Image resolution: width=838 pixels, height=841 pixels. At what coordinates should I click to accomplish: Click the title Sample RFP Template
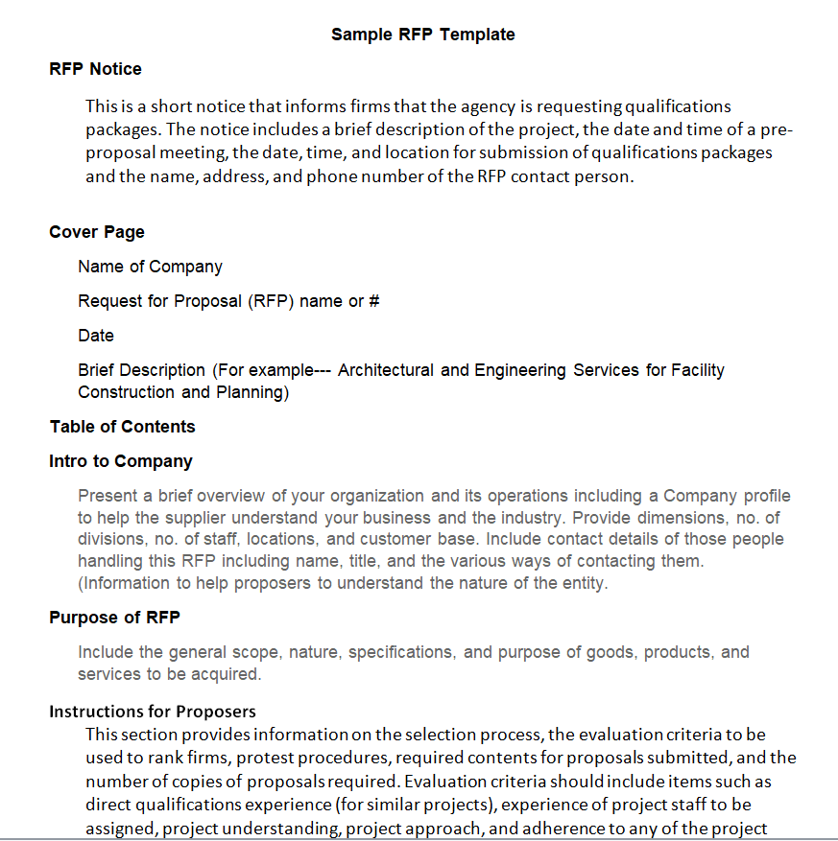tap(422, 35)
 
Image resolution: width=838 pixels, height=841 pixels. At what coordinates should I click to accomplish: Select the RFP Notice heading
tap(95, 69)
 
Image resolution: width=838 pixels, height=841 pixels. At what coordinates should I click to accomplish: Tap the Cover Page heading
tap(97, 232)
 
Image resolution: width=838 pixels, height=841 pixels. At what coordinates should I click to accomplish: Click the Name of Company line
tap(150, 267)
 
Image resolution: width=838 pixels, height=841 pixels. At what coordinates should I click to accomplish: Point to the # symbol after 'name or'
tap(374, 301)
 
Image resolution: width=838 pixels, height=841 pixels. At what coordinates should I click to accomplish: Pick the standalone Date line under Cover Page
tap(96, 336)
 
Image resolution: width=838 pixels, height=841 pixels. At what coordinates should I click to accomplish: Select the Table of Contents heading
tap(122, 427)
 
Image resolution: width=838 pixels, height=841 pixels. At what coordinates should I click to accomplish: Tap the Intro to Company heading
tap(121, 461)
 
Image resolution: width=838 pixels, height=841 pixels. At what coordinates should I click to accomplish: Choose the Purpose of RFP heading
tap(114, 618)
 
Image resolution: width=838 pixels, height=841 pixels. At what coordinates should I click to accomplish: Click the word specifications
tap(401, 652)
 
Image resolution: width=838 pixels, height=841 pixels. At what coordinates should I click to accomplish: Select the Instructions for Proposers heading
tap(153, 712)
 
